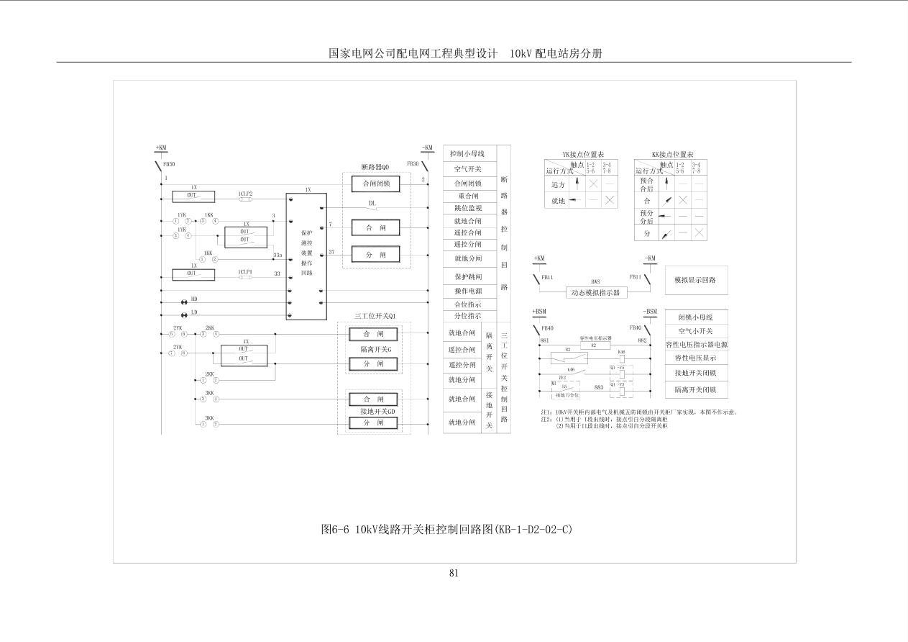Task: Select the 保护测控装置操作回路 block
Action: click(x=306, y=256)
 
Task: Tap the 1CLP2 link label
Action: click(x=245, y=194)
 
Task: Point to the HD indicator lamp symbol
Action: click(x=183, y=302)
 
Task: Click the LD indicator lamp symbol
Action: click(x=183, y=314)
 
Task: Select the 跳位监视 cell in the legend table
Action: click(x=467, y=208)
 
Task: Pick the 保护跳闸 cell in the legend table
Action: click(x=467, y=276)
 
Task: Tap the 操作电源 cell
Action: click(x=467, y=291)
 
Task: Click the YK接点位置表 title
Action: click(x=583, y=155)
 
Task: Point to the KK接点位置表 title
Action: click(x=672, y=155)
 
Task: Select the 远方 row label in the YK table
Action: click(x=556, y=184)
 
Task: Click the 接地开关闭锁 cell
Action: click(x=696, y=374)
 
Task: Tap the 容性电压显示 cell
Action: click(x=696, y=358)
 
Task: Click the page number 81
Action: click(x=454, y=573)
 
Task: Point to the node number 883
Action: click(x=598, y=387)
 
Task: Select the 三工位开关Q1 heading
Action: click(x=375, y=316)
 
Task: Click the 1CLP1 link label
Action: click(x=245, y=272)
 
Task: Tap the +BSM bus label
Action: click(x=540, y=312)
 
